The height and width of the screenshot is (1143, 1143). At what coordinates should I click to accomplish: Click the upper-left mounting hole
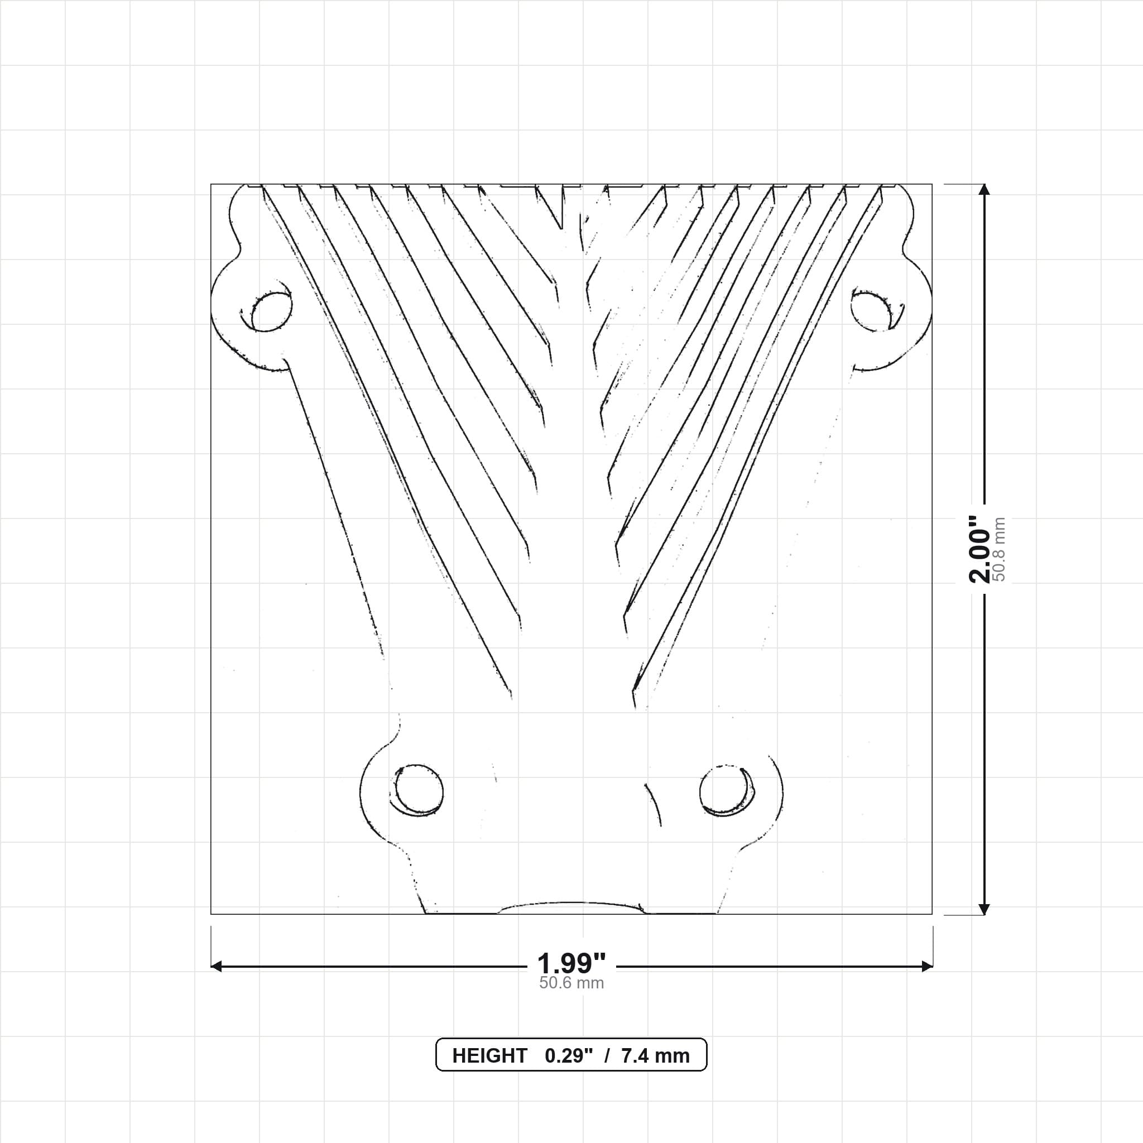pos(272,312)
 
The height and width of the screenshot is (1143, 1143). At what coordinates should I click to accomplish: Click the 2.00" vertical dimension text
pos(980,549)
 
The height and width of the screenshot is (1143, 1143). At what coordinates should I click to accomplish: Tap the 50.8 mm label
pos(999,549)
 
